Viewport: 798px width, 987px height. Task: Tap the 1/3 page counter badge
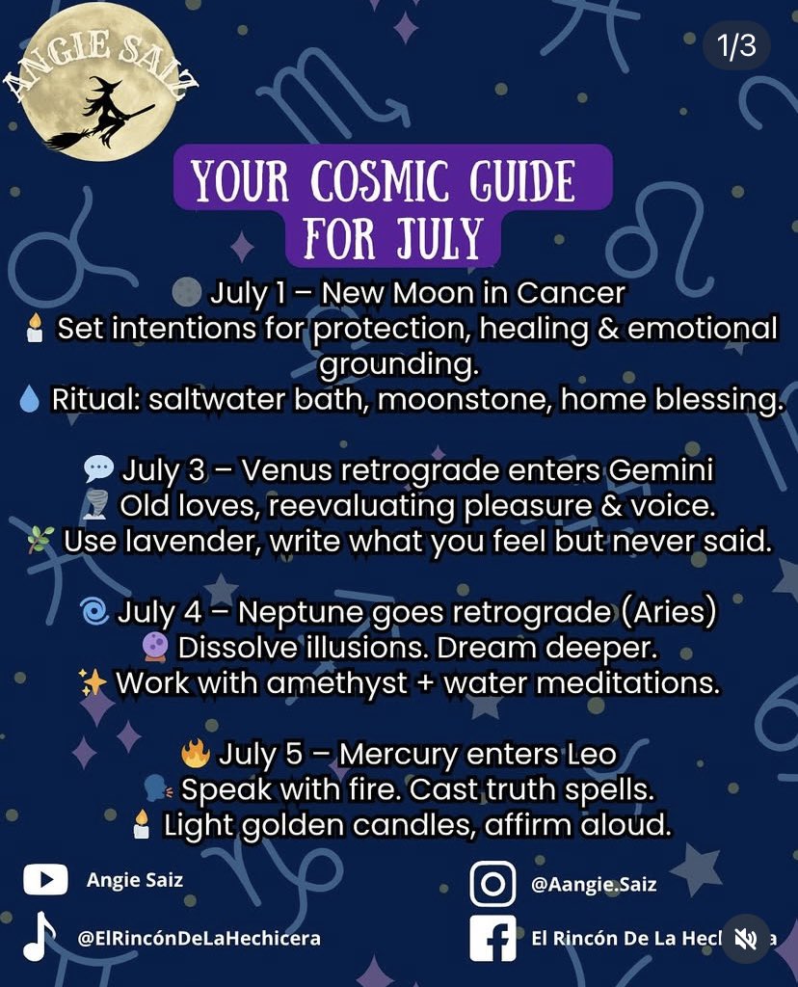[x=736, y=47]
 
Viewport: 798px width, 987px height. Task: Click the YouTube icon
[x=45, y=880]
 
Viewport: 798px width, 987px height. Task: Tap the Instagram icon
[x=492, y=884]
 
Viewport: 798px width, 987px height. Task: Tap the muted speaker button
[x=745, y=939]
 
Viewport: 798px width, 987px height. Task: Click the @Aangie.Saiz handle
[x=594, y=884]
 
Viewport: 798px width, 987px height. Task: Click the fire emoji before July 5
[x=195, y=753]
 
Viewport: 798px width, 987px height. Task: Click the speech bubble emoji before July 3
[x=98, y=470]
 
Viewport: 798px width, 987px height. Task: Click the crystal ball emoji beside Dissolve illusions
[x=155, y=647]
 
